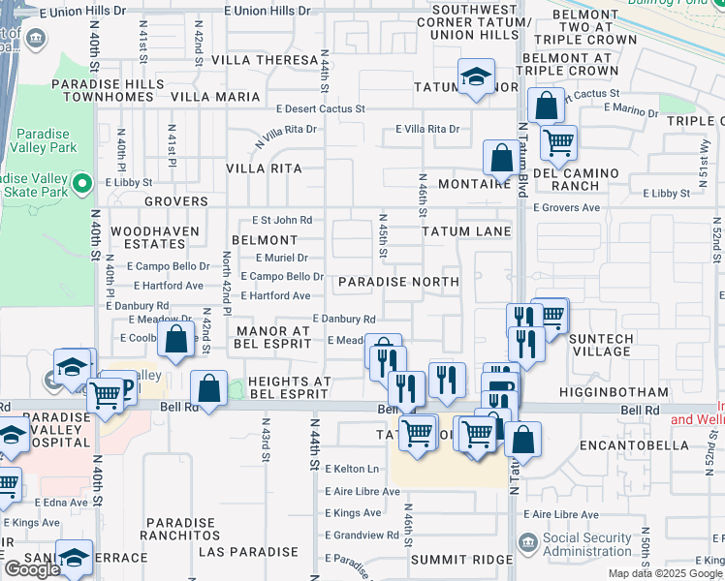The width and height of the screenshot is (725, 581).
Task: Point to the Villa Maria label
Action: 215,97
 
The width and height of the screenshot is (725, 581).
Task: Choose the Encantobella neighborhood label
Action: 622,445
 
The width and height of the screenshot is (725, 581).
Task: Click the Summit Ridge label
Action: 460,560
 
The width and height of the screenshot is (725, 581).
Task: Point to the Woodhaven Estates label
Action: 155,238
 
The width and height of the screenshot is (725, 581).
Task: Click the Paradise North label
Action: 398,282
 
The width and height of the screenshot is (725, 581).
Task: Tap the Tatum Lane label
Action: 466,231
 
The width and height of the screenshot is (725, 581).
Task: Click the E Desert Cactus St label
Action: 320,109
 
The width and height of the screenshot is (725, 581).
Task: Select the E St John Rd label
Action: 282,220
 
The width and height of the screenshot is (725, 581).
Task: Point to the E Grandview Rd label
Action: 362,535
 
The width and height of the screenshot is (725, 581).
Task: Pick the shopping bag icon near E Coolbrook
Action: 175,340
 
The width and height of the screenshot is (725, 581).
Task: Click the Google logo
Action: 32,569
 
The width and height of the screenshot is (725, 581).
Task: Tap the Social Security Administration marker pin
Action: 527,543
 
